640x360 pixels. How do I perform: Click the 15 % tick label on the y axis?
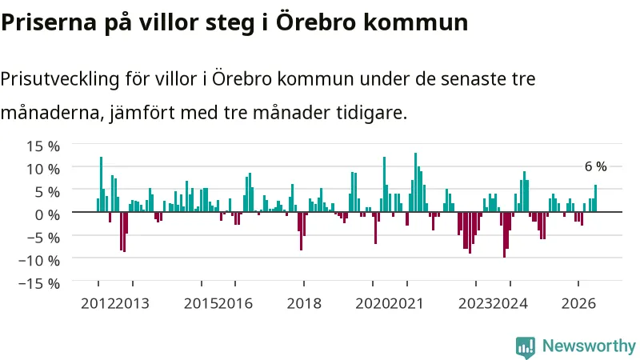tap(43, 146)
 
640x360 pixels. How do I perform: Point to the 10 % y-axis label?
tap(43, 169)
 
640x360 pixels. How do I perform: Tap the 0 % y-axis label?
tap(47, 214)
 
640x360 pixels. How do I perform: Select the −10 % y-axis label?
tap(39, 260)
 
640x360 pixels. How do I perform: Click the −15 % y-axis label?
tap(39, 283)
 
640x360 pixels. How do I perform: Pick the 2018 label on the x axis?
tap(304, 303)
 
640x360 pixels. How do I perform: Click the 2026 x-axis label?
tap(578, 303)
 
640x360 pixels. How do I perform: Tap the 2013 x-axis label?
tap(132, 303)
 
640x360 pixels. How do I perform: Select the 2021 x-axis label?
tap(406, 303)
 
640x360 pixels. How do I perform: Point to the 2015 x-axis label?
tap(201, 303)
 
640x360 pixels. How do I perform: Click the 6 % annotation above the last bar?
tap(595, 166)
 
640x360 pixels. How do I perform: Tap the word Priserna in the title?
tap(49, 22)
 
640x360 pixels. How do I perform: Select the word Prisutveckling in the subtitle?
tap(60, 78)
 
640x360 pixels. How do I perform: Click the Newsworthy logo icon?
tap(526, 347)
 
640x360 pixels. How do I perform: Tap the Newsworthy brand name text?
tap(589, 346)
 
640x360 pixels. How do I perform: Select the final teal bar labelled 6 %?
tap(595, 198)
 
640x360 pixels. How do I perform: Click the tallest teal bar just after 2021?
tap(415, 182)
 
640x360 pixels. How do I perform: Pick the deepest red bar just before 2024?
tap(505, 234)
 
